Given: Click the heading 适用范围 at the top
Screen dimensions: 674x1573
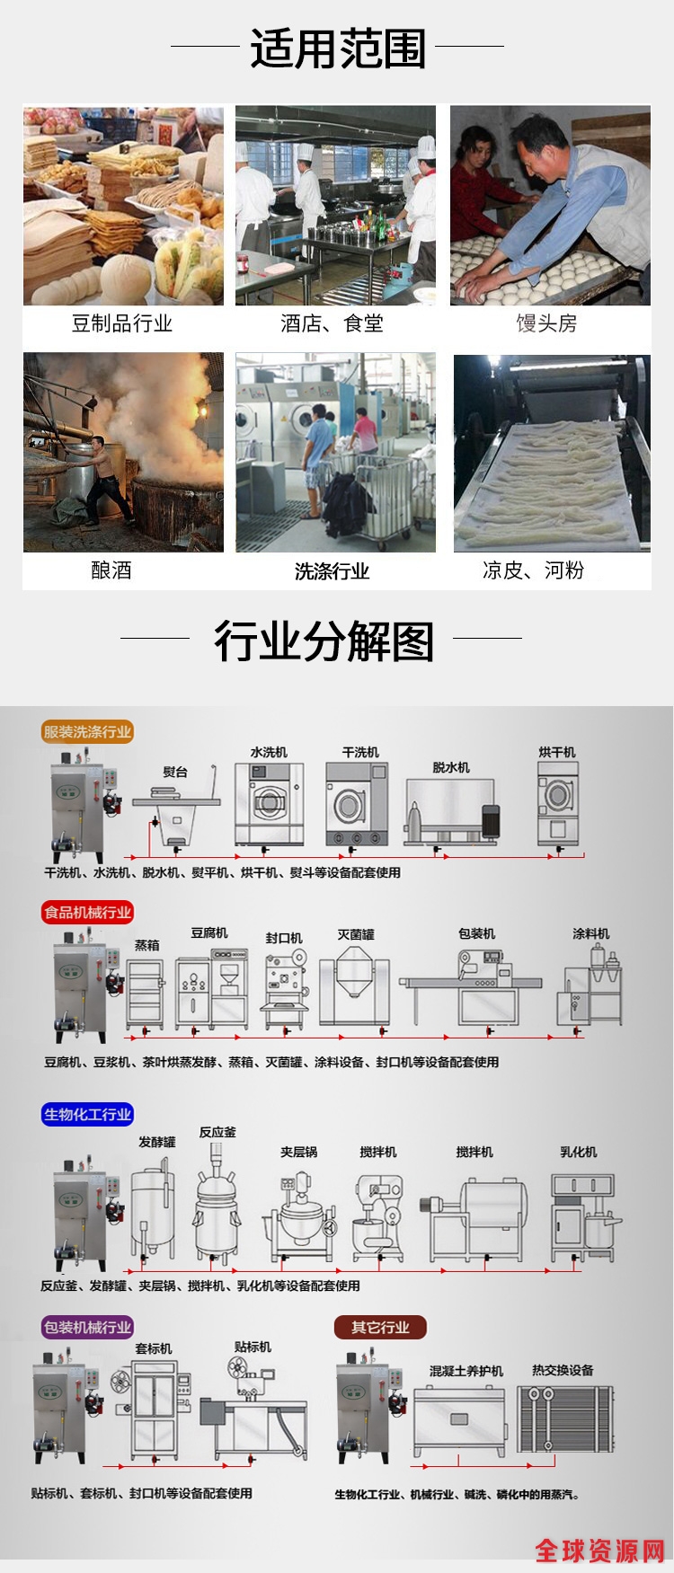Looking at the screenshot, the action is point(337,49).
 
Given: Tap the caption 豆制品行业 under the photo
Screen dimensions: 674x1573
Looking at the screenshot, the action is point(122,323).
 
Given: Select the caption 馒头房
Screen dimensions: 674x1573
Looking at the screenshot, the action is point(546,323).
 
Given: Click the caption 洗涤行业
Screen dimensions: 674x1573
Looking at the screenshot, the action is point(332,571).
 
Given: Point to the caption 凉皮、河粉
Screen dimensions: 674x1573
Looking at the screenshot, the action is point(533,570).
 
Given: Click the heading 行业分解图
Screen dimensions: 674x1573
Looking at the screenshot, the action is point(324,641).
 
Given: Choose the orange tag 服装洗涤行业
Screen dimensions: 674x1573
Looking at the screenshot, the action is point(87,732).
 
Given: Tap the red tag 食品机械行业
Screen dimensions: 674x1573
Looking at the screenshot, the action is point(87,912).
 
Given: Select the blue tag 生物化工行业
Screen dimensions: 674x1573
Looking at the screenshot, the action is point(87,1114).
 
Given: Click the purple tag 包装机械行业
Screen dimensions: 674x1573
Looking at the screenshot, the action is point(87,1327).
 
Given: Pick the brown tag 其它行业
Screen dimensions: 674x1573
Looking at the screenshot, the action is point(380,1327).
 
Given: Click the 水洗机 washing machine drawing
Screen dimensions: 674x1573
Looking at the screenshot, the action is point(269,804).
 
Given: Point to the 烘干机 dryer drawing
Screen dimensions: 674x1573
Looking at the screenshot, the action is point(558,804).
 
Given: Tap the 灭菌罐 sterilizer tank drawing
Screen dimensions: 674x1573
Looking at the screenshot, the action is point(355,986).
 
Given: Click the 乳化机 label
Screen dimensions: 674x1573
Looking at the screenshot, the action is point(578,1152).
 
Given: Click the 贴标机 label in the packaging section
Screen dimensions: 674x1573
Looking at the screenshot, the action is point(253,1347).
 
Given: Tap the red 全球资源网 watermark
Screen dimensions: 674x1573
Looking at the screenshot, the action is point(600,1551).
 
